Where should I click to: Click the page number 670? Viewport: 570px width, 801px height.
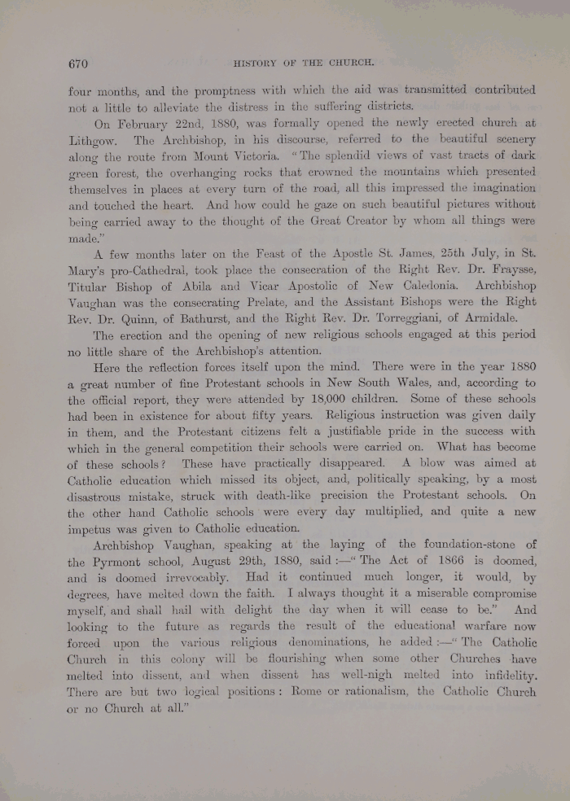coord(77,63)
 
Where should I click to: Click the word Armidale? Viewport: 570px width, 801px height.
coord(504,317)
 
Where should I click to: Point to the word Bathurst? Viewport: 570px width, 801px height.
coord(209,317)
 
